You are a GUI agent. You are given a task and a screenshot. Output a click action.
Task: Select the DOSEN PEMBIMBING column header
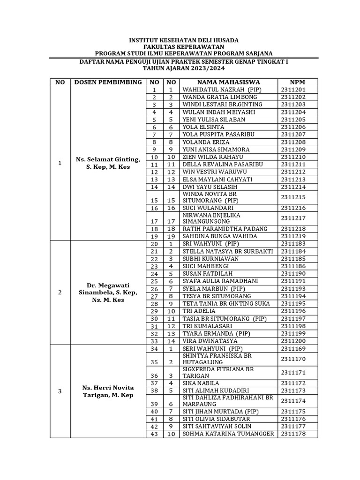(108, 82)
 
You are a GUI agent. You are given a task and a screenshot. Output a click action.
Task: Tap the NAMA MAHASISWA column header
(228, 82)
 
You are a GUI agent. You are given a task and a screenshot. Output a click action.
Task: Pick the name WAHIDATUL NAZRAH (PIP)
(222, 90)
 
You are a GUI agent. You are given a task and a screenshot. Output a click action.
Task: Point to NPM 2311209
(293, 150)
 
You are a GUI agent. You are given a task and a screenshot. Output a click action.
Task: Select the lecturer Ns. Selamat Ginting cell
(108, 164)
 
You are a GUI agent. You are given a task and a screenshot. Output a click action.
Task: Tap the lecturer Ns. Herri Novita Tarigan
(108, 391)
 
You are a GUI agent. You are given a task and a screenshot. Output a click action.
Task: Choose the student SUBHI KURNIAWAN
(210, 259)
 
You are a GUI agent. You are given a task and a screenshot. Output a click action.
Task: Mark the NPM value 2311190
(293, 274)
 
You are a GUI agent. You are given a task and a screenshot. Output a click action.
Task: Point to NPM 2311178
(293, 434)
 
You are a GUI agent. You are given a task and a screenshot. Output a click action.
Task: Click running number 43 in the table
(154, 435)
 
